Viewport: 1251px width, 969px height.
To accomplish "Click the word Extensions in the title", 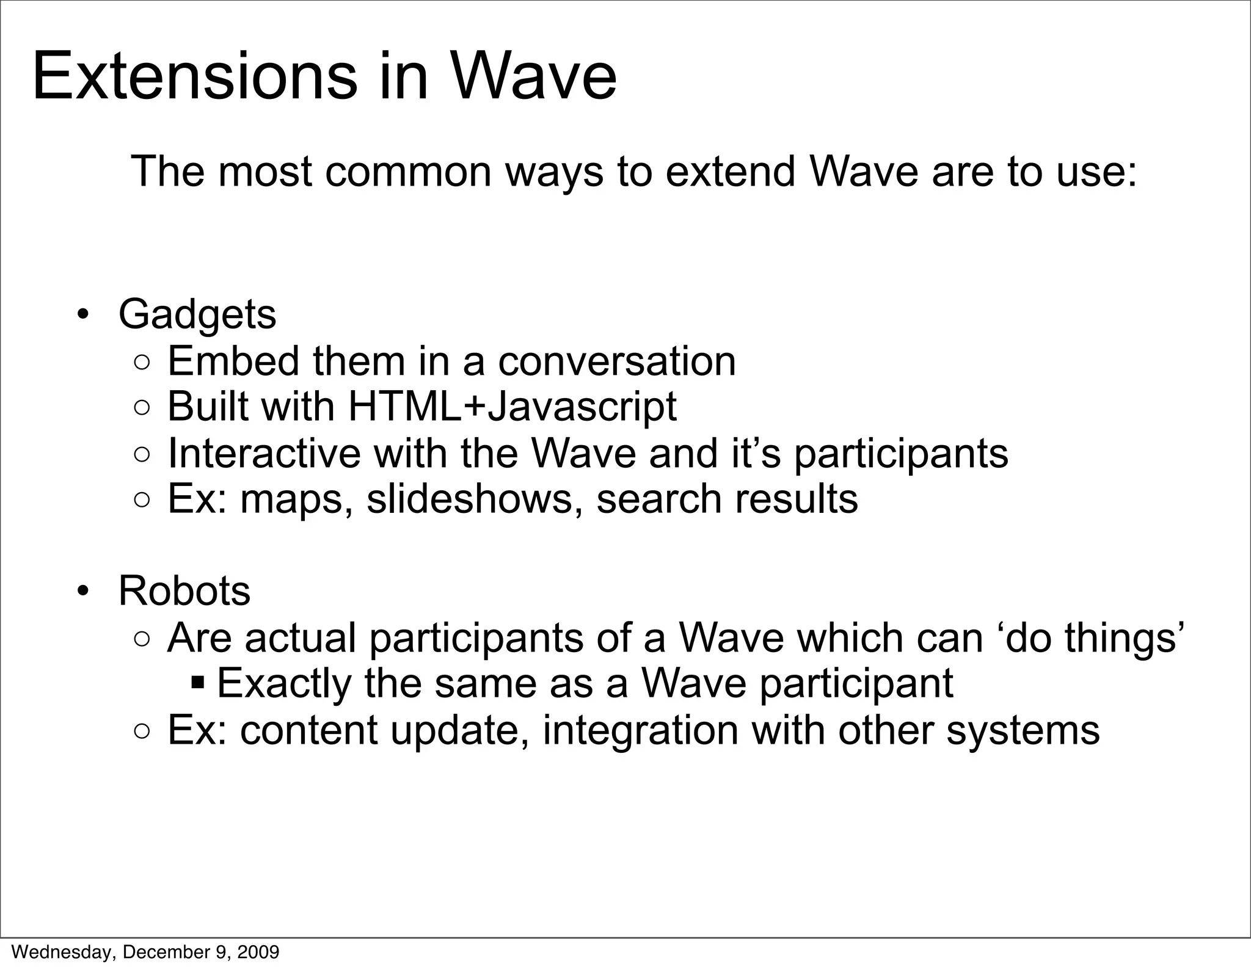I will pos(194,78).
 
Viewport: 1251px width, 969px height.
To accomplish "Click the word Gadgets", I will pos(197,315).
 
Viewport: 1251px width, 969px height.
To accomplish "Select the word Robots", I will pos(184,591).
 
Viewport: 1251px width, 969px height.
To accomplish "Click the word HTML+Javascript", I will pos(512,407).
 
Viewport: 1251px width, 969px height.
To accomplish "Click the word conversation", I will pos(617,361).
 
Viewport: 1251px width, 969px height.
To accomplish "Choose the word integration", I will pos(640,730).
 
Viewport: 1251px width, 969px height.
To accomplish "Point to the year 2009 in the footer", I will pos(259,952).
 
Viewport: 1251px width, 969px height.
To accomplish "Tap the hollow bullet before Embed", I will pos(141,363).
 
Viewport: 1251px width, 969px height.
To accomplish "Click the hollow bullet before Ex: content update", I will pos(141,731).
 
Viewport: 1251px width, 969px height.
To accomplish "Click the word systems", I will pos(1023,730).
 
